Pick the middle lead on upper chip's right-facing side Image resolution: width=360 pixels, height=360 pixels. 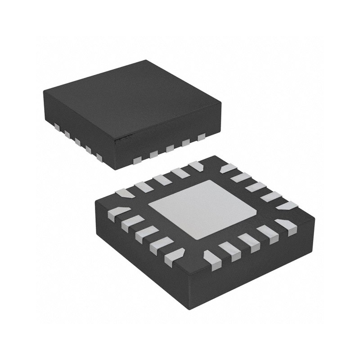170,148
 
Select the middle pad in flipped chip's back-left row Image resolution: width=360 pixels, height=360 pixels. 161,180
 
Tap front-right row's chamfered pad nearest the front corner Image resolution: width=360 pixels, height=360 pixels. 210,260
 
